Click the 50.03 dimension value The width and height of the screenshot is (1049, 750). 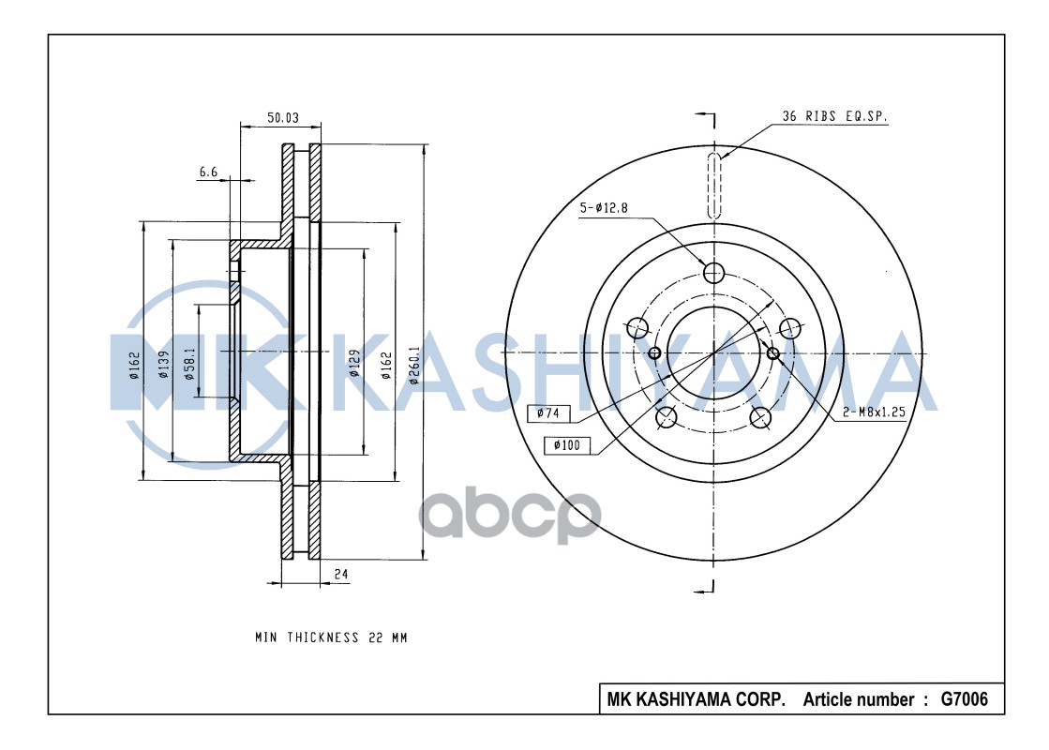pos(282,117)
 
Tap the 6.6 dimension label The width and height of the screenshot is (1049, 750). pos(208,171)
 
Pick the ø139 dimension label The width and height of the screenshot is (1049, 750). pos(162,363)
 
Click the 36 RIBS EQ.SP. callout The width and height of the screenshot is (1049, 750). pos(835,117)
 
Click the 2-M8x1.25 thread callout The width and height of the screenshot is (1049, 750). pos(873,413)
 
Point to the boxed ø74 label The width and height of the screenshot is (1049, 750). pos(548,412)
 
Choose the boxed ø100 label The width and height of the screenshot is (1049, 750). pos(565,445)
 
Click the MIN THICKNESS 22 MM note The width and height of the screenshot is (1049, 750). pos(331,637)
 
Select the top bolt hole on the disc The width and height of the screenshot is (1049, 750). pos(714,273)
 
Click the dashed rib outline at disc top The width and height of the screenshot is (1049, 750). pos(714,185)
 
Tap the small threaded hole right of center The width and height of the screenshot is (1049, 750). pos(773,352)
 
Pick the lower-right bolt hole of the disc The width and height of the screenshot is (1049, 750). pos(762,417)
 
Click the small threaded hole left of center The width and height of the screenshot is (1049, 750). pos(655,352)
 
